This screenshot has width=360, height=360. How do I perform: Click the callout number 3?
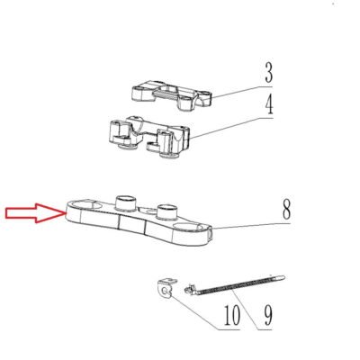(269, 73)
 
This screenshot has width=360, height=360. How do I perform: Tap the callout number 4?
(269, 105)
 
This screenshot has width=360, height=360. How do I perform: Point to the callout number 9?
(268, 315)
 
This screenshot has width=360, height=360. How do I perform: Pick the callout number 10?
(232, 315)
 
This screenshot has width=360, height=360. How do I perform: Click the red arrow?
(35, 213)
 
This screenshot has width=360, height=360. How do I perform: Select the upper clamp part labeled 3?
(172, 94)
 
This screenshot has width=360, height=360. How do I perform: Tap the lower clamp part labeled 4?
(149, 138)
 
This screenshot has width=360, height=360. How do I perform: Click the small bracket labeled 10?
(166, 288)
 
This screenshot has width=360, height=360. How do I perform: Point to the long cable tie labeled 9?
(234, 285)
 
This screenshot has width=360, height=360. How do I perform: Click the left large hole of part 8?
(86, 205)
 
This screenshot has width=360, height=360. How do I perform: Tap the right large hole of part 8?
(188, 227)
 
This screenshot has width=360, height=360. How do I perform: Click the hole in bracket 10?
(165, 291)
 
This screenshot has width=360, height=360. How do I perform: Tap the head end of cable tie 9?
(187, 290)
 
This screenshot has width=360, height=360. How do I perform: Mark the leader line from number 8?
(251, 226)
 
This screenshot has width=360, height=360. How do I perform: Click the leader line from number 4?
(232, 127)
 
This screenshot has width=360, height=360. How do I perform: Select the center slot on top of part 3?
(168, 94)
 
